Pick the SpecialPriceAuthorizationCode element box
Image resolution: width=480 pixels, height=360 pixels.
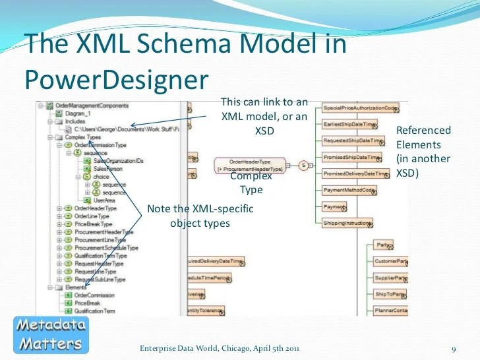(360, 107)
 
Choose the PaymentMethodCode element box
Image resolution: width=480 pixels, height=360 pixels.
(349, 191)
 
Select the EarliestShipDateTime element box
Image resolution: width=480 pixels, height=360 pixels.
(349, 124)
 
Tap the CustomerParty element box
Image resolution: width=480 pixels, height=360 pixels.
(390, 262)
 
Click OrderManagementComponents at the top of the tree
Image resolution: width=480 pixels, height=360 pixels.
(82, 105)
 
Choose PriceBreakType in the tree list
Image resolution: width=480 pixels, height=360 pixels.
(94, 224)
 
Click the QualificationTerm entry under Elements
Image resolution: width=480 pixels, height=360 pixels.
(96, 311)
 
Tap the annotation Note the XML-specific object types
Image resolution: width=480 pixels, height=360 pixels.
(200, 216)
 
